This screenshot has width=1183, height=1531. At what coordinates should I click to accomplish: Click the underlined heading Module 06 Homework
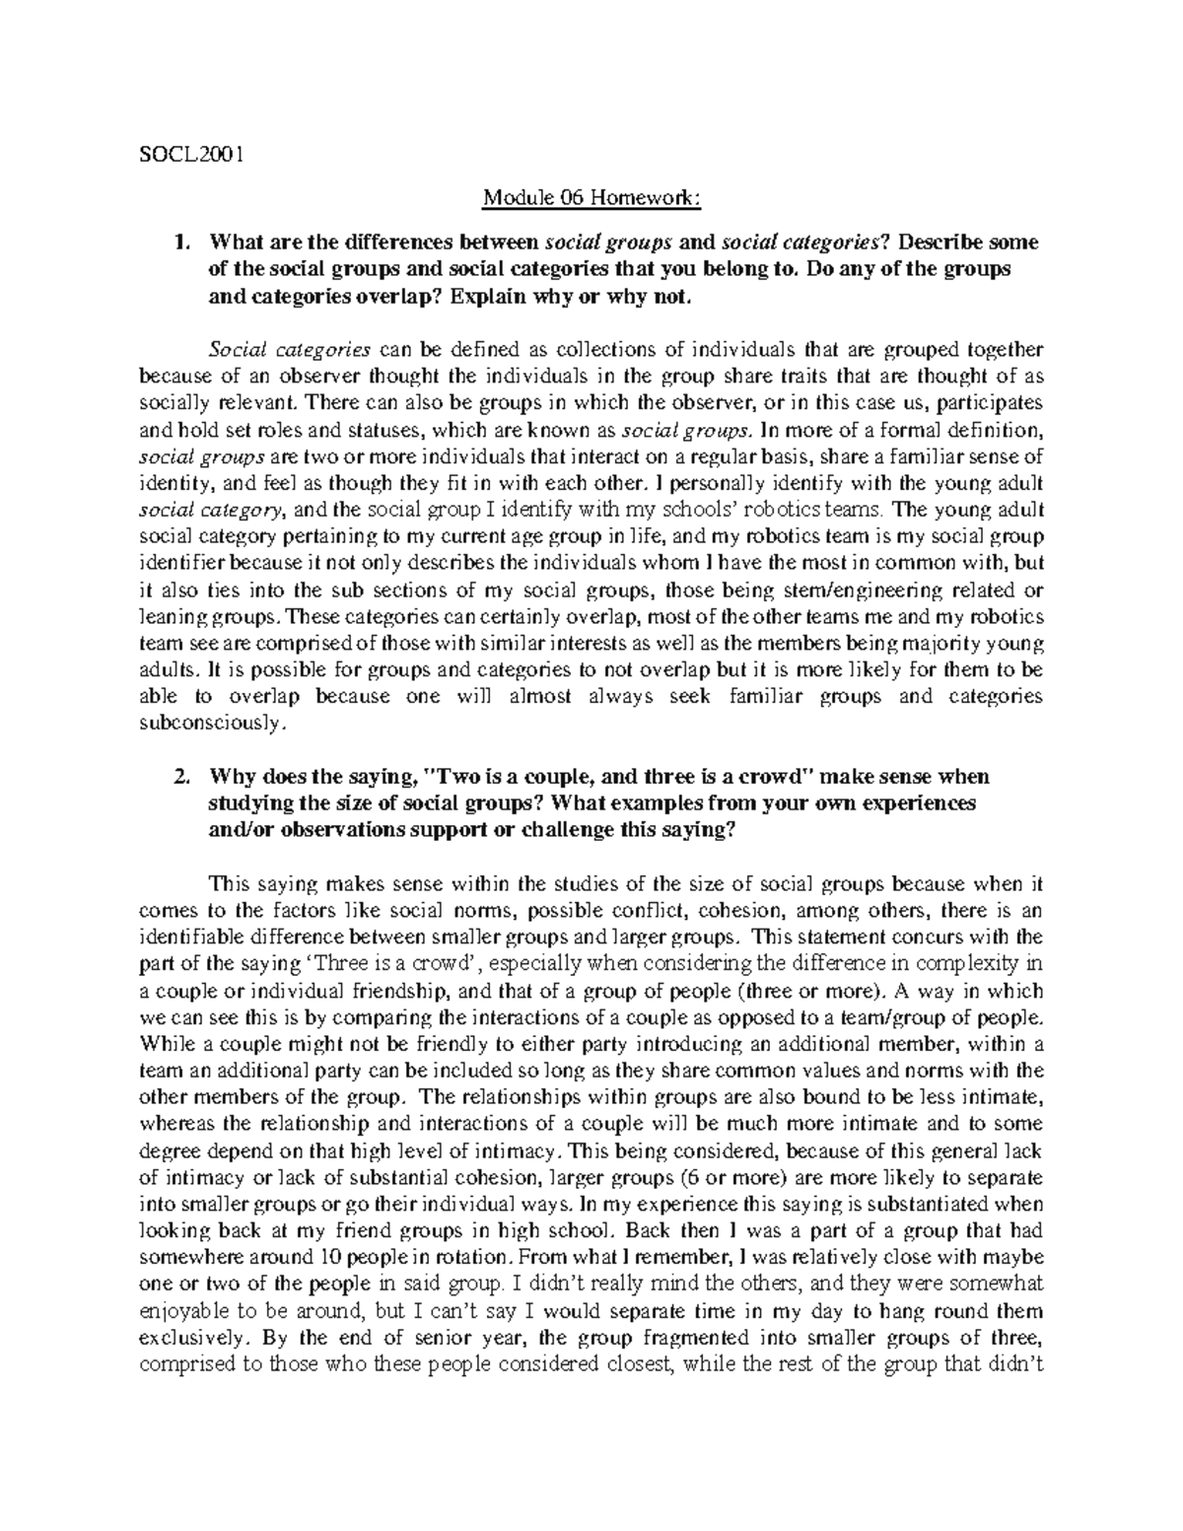591,199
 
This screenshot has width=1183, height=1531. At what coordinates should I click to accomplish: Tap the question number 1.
178,243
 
